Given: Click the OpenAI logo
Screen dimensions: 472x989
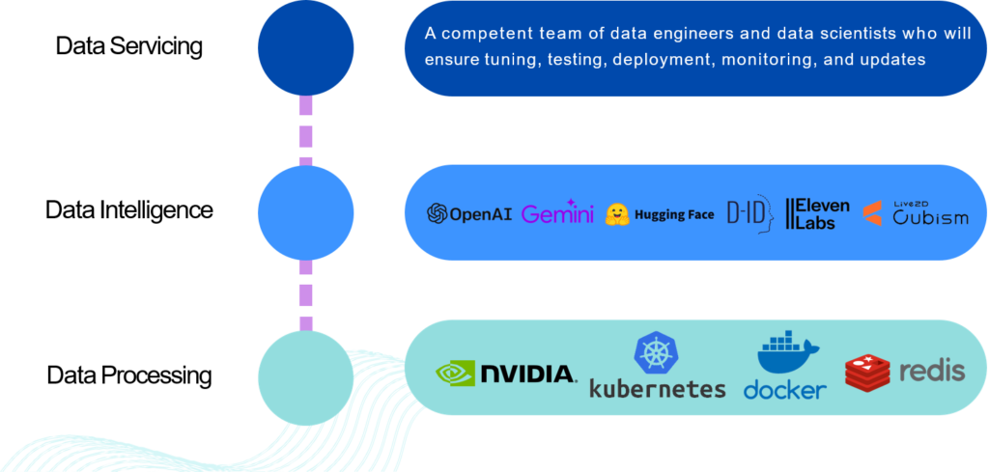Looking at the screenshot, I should (469, 213).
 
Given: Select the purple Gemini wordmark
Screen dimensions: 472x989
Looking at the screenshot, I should (557, 213).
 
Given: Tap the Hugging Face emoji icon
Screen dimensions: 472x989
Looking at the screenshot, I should (617, 214).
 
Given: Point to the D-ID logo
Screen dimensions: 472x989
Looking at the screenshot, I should (749, 214).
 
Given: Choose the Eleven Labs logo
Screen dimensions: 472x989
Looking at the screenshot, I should (817, 214).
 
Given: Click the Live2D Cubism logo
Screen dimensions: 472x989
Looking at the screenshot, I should (915, 213).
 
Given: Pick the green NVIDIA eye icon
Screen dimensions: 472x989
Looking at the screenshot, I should (455, 374).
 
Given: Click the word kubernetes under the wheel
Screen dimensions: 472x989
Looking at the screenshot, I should (657, 388).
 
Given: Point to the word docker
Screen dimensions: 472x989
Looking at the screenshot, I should (784, 389).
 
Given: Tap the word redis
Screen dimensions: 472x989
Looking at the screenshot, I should (932, 371).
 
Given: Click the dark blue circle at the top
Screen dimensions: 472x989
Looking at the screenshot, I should (305, 46).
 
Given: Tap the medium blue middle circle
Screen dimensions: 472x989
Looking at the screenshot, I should (305, 212).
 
